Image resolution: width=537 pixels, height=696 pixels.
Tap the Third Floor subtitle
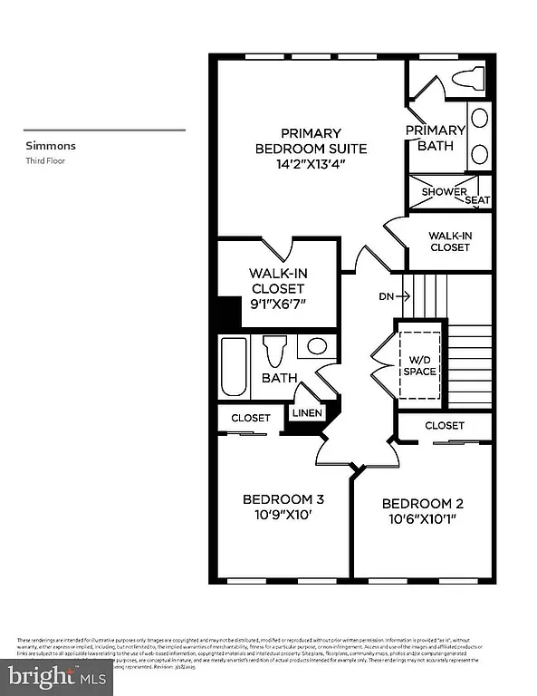46,160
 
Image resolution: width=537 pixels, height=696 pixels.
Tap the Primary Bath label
435,139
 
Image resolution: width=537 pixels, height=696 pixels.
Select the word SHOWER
444,192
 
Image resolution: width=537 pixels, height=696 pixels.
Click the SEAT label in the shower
478,199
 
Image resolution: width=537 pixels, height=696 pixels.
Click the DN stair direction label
386,295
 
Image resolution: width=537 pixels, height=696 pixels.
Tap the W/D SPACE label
419,365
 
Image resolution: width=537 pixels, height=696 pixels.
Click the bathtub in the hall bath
235,367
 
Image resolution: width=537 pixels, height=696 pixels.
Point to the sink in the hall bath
317,345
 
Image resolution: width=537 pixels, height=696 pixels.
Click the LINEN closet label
304,412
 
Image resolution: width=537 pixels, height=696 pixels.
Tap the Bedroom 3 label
283,499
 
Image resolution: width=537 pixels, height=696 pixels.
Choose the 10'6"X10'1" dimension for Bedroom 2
422,520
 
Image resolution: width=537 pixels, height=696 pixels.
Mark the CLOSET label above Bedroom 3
250,418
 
